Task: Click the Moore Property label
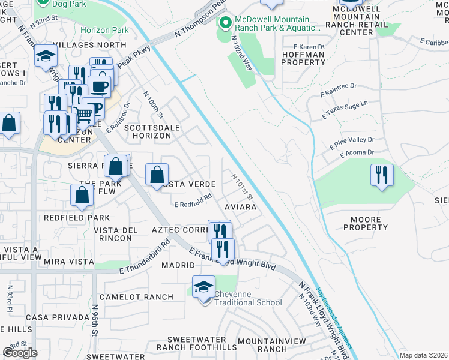click(x=366, y=223)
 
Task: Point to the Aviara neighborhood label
click(x=241, y=207)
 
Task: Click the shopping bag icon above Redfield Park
click(x=82, y=195)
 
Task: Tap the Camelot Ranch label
click(x=136, y=297)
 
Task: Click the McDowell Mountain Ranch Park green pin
click(x=226, y=24)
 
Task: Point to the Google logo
click(x=20, y=353)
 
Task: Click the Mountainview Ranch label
click(x=271, y=344)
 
